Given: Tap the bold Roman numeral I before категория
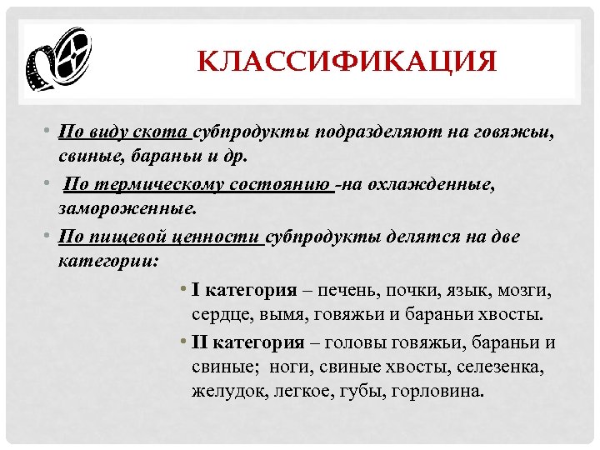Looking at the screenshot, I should click(x=194, y=291).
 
